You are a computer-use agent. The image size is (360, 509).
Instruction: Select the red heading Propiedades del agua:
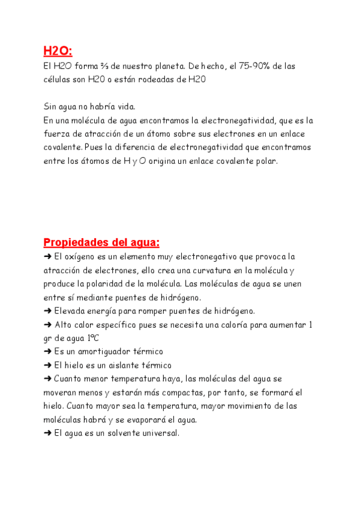pos(101,242)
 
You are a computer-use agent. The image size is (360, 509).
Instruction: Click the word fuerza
pos(57,134)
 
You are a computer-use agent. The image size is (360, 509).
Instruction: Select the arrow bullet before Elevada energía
pos(47,311)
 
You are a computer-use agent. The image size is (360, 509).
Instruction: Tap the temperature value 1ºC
pos(91,339)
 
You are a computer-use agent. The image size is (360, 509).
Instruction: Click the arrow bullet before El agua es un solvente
pos(47,433)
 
